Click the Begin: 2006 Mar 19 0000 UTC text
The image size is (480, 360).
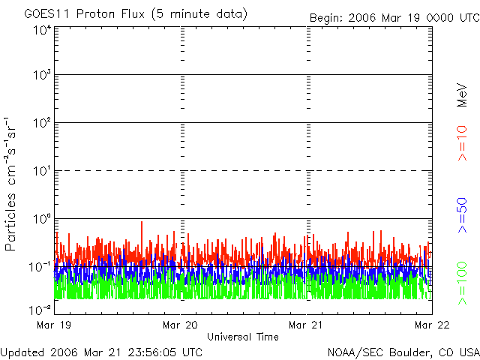click(x=393, y=16)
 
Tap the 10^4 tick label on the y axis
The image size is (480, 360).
click(x=41, y=30)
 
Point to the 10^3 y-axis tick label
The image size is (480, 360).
click(x=41, y=75)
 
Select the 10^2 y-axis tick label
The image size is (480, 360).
click(x=41, y=123)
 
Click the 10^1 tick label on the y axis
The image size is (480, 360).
click(x=41, y=171)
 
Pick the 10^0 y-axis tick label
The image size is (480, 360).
click(x=41, y=219)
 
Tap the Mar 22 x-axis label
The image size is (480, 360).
click(x=433, y=325)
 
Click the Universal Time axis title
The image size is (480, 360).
click(x=243, y=337)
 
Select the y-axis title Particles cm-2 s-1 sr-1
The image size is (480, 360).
click(x=12, y=183)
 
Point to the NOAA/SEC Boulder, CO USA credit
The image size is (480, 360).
click(x=403, y=352)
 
